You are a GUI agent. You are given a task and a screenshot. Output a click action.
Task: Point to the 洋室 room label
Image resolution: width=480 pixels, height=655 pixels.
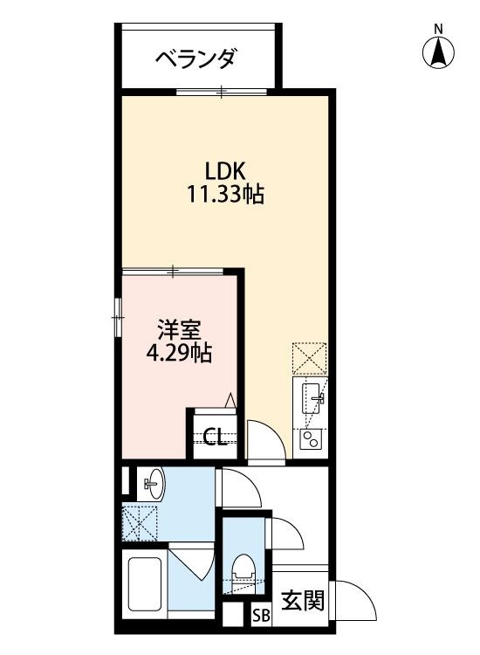coord(180,330)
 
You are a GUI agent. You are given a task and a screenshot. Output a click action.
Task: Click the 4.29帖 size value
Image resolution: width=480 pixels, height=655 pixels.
coord(180,354)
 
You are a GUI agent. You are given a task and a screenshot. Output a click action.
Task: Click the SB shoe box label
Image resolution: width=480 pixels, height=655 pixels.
coord(261,615)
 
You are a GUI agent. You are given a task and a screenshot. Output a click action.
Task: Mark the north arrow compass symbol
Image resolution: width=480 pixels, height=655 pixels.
coord(439,50)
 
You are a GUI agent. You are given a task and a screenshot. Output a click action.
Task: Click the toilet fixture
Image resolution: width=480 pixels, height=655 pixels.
coord(243,568)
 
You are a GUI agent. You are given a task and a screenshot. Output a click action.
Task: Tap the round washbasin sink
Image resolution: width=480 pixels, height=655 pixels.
coord(154,483)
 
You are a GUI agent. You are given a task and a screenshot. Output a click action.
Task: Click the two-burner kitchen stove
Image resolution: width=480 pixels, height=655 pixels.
coord(311,438)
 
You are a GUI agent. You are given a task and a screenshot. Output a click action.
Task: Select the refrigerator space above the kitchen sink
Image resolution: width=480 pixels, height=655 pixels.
coord(311,357)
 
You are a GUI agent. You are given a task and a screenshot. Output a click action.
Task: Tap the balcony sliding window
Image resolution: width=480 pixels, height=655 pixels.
coord(222,91)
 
